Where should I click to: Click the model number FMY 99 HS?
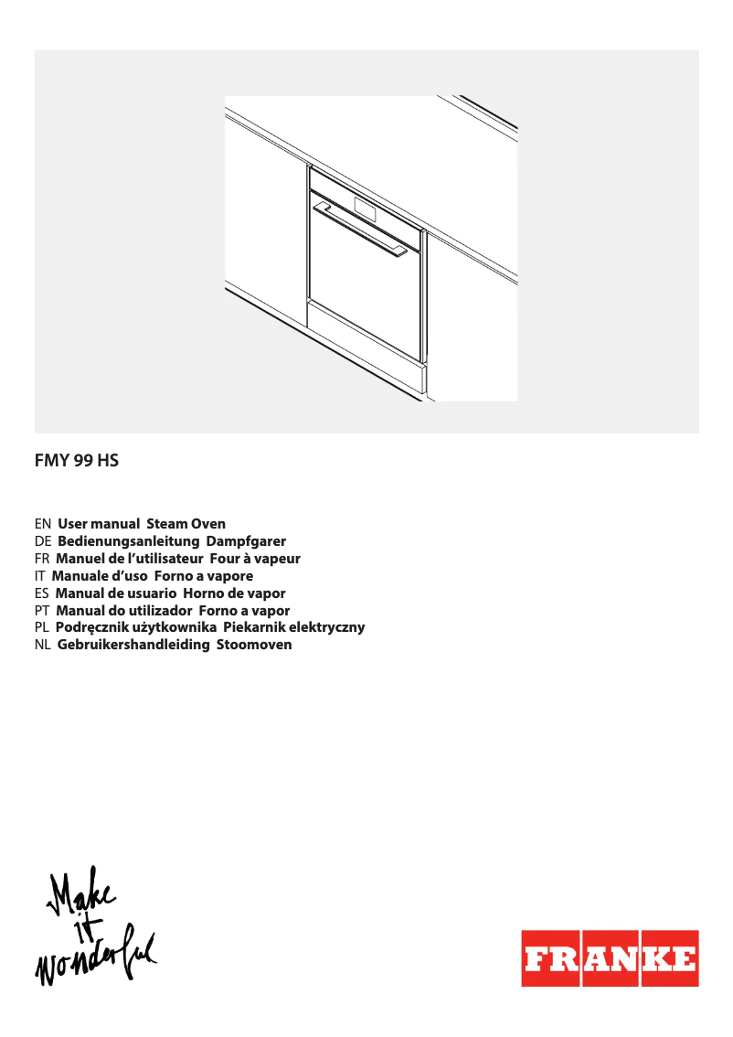click(77, 462)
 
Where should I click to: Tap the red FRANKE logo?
click(610, 958)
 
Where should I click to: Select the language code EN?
click(42, 524)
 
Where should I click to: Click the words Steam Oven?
click(186, 524)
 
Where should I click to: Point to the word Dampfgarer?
click(246, 541)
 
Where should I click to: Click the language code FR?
click(41, 558)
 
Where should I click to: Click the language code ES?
click(41, 593)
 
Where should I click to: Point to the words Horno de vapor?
click(234, 593)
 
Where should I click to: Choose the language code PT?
click(41, 610)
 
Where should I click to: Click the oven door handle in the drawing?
click(360, 229)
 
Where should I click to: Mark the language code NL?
click(42, 645)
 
